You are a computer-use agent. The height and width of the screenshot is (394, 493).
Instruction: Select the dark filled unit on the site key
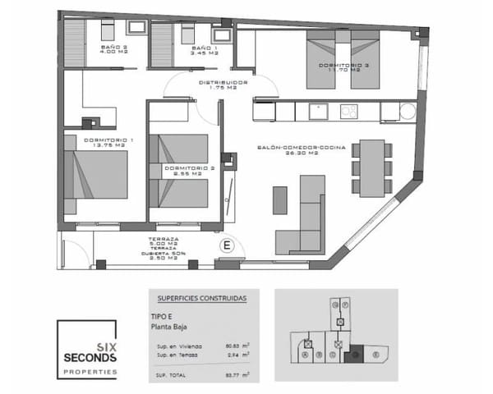[355, 355]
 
